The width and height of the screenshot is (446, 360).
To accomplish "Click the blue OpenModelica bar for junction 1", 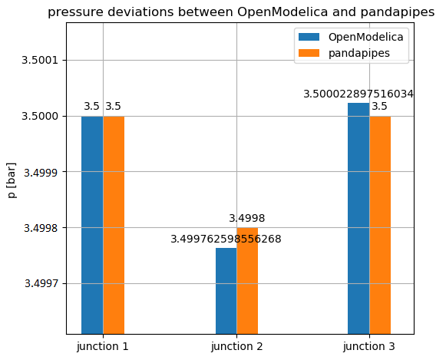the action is point(92,225).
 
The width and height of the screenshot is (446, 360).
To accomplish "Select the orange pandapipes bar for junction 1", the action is point(114,225).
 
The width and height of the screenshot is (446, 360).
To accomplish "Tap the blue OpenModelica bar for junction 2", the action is point(226,291).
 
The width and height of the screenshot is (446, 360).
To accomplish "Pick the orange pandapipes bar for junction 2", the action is point(247,281).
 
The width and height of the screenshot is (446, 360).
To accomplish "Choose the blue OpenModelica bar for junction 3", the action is point(358,219).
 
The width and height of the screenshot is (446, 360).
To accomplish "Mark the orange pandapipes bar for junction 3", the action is point(380,225).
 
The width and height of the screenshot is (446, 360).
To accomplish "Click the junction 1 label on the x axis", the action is point(103,347).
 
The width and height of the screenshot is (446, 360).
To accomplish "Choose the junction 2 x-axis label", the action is point(236,347).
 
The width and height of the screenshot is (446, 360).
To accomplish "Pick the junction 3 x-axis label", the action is point(369,347).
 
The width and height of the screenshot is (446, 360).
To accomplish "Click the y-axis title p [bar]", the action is point(12,180).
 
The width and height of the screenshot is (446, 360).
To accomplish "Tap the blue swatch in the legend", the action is point(309,37).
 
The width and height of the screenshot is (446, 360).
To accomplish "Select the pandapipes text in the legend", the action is point(359,53).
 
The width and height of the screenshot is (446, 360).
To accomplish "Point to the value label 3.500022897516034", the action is point(358,94).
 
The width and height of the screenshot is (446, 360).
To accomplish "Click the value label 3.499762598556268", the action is point(226,239).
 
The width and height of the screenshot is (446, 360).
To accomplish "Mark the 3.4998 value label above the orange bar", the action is point(247,219).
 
